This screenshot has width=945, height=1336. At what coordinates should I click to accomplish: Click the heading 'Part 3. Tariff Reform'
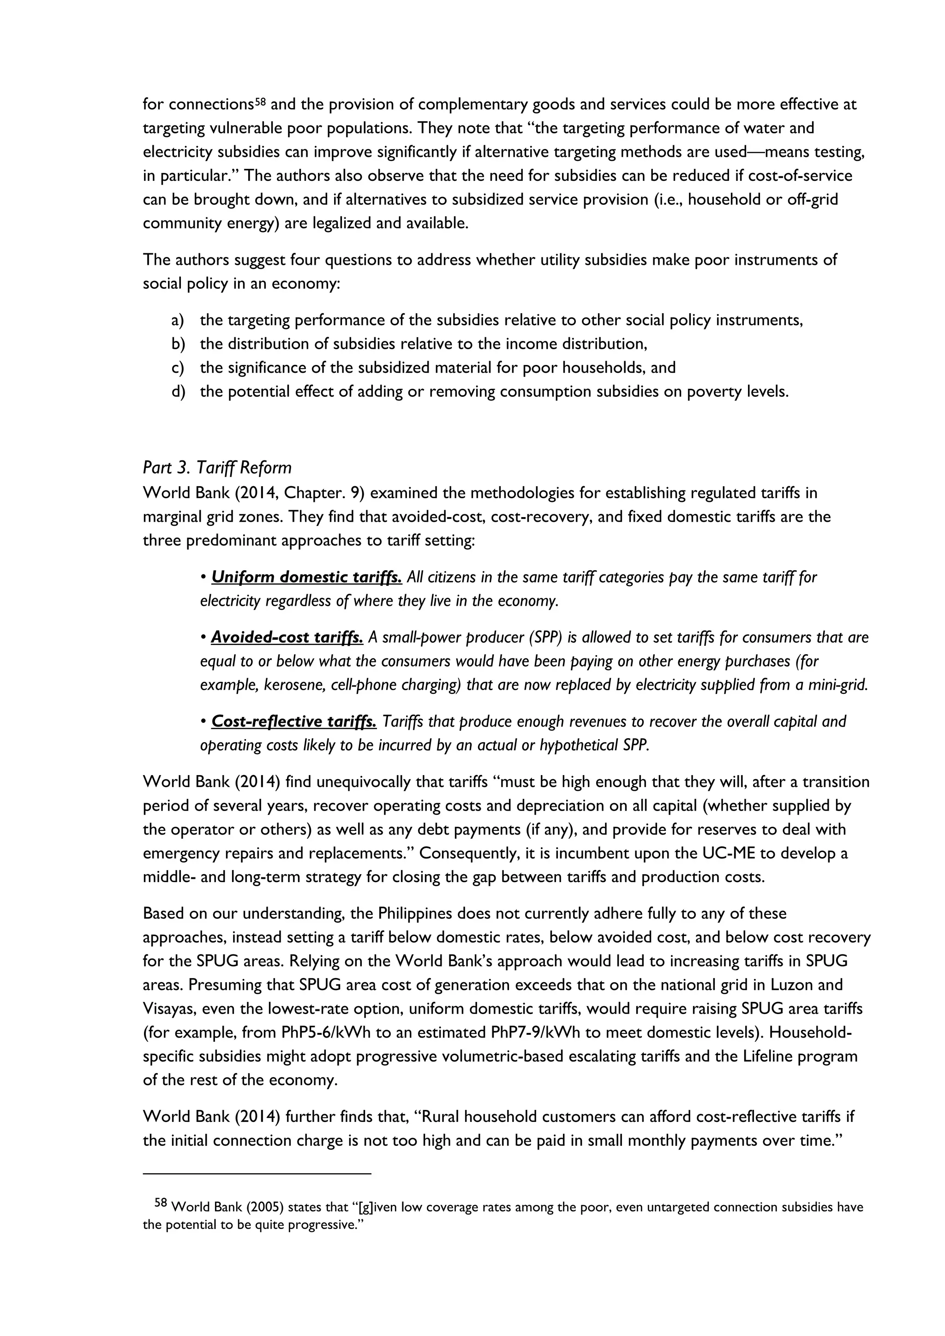point(217,468)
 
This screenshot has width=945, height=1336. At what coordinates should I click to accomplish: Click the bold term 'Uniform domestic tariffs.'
point(306,577)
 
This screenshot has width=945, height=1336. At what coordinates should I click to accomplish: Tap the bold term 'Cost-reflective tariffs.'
point(293,722)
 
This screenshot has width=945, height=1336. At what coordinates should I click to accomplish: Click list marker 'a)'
point(178,321)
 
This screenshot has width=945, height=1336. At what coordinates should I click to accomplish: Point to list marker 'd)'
point(178,392)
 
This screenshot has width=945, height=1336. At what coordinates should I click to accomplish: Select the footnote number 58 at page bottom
point(161,1202)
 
